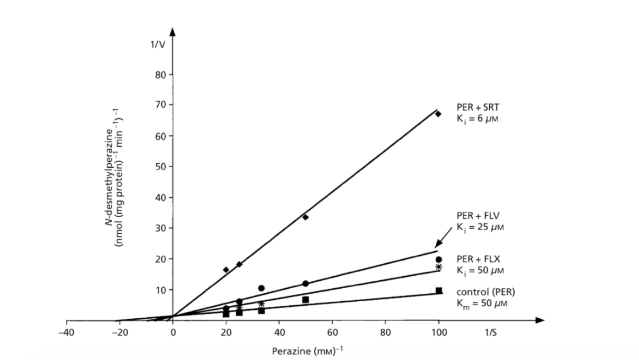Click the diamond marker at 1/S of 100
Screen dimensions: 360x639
[438, 114]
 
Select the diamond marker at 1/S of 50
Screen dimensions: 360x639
[305, 217]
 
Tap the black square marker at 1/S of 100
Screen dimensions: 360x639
[438, 291]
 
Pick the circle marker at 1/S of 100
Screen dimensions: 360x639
[438, 260]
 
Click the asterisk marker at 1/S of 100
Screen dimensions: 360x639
[438, 267]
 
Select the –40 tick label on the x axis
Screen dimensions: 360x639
[66, 332]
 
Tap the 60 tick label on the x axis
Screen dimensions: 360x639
[332, 332]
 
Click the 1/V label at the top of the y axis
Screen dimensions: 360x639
[157, 44]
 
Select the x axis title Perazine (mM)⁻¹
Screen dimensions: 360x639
[307, 350]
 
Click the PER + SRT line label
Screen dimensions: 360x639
[478, 107]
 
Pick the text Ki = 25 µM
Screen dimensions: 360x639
[480, 228]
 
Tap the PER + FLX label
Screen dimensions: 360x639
[478, 259]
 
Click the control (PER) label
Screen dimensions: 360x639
[486, 292]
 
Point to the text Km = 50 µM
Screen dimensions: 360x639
[482, 304]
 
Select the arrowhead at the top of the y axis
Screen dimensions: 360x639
[172, 32]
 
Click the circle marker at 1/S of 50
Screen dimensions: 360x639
[305, 283]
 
